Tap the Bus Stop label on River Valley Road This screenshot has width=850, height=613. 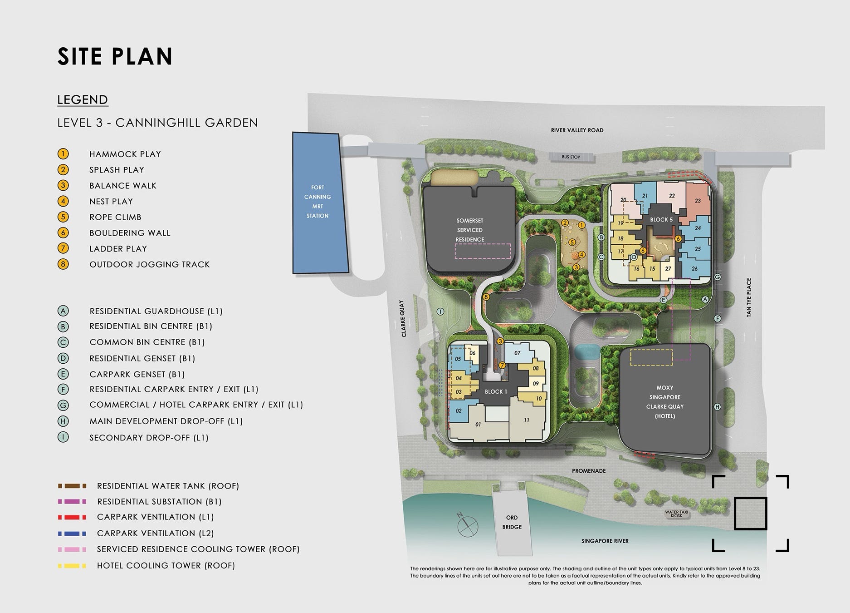coord(571,157)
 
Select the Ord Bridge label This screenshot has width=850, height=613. coord(512,522)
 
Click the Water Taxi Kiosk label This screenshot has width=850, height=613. coord(677,514)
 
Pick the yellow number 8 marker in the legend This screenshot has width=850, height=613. coord(63,264)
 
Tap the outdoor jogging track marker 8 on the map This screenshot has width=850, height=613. coord(486,297)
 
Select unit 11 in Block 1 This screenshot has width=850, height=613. coord(526,420)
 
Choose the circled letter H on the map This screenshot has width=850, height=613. coord(717,407)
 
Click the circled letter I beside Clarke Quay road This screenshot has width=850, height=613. coord(440,311)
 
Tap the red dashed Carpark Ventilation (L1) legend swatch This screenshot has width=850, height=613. coord(72,517)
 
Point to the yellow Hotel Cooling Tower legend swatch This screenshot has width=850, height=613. coord(72,566)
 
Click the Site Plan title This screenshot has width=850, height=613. coord(115,56)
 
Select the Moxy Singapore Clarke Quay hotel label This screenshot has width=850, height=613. coord(665,402)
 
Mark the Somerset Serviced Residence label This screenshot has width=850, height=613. coord(470,230)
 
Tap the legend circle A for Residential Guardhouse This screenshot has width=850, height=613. coord(63,311)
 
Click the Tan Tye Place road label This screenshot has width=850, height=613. coord(748,297)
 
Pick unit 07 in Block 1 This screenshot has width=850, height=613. coord(517,353)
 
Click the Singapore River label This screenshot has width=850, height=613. coord(605,541)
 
